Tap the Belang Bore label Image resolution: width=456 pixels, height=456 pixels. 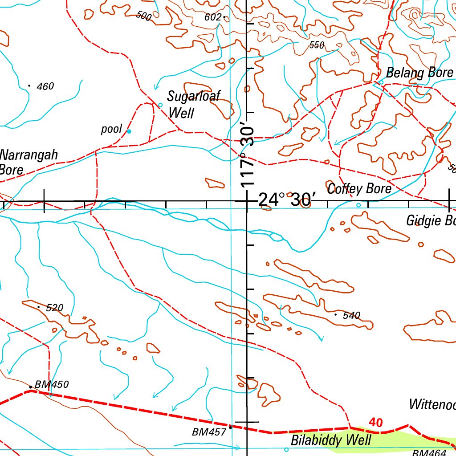pyautogui.click(x=419, y=73)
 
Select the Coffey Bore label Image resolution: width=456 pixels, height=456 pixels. pyautogui.click(x=359, y=189)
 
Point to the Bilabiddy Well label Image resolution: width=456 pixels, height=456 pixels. pyautogui.click(x=330, y=440)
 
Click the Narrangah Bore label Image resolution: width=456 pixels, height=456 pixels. pyautogui.click(x=28, y=162)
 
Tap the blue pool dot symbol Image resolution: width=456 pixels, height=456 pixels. pyautogui.click(x=129, y=131)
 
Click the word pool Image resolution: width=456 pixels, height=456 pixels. pyautogui.click(x=111, y=130)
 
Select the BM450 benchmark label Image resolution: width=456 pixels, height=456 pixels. pyautogui.click(x=52, y=384)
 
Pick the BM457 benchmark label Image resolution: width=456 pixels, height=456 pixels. pyautogui.click(x=209, y=432)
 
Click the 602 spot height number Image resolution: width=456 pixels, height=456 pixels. pyautogui.click(x=212, y=17)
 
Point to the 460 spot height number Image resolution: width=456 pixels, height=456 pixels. pyautogui.click(x=45, y=86)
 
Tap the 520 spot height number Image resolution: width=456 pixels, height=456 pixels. pyautogui.click(x=55, y=308)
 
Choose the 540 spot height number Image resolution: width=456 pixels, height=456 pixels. pyautogui.click(x=351, y=316)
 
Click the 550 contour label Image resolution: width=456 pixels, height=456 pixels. pyautogui.click(x=317, y=45)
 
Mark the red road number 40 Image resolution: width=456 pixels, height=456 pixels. pyautogui.click(x=376, y=423)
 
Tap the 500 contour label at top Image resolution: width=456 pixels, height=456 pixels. pyautogui.click(x=144, y=16)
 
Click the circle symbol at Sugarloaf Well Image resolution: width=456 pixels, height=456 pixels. pyautogui.click(x=161, y=105)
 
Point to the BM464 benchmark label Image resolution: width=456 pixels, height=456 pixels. pyautogui.click(x=429, y=452)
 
